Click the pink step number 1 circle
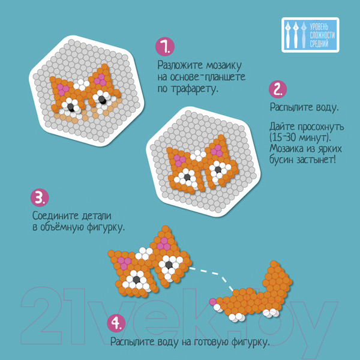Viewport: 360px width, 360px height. click(x=165, y=47)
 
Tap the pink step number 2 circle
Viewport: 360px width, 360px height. click(x=278, y=89)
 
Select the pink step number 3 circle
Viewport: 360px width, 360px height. click(x=40, y=197)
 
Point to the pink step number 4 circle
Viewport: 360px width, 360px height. click(x=116, y=323)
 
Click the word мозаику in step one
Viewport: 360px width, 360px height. click(x=224, y=66)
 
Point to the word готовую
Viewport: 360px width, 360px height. click(x=211, y=343)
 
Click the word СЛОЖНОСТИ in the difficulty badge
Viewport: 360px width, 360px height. click(x=322, y=35)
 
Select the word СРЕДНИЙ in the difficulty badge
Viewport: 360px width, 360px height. click(x=319, y=44)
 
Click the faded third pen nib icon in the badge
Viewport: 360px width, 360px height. click(x=304, y=35)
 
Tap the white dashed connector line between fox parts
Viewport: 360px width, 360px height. click(x=215, y=275)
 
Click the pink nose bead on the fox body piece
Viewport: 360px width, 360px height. click(x=212, y=302)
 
